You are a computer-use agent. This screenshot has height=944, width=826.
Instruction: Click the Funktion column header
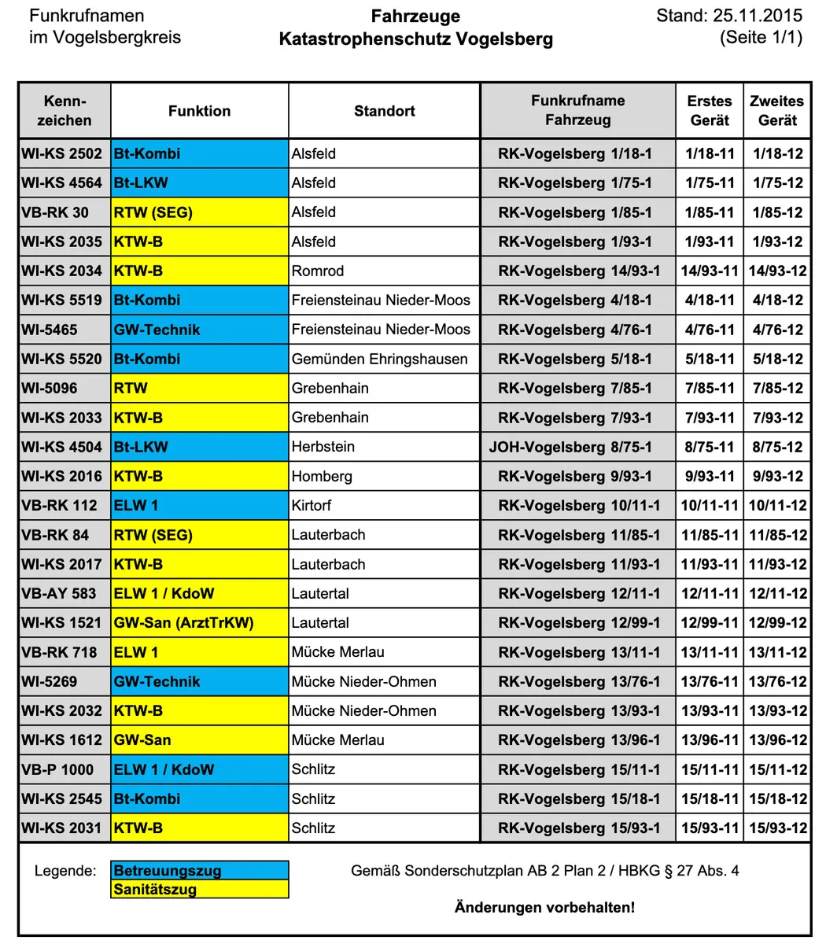point(199,111)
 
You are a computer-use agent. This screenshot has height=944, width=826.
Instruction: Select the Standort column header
point(384,111)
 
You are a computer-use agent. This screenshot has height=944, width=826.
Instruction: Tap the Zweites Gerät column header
point(777,111)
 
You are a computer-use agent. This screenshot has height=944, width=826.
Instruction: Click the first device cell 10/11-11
point(710,506)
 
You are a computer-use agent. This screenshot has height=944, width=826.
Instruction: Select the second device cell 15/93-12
point(777,828)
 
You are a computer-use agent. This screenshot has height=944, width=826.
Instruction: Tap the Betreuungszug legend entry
point(199,871)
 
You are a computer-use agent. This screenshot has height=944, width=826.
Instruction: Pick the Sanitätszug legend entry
point(199,890)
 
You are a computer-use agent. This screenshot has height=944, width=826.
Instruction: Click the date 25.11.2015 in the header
point(758,16)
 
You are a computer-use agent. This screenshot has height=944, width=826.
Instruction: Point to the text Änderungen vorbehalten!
point(544,908)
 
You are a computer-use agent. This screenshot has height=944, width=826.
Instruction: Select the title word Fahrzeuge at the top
point(415,17)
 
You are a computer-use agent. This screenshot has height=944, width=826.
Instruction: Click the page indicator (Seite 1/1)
point(761,37)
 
